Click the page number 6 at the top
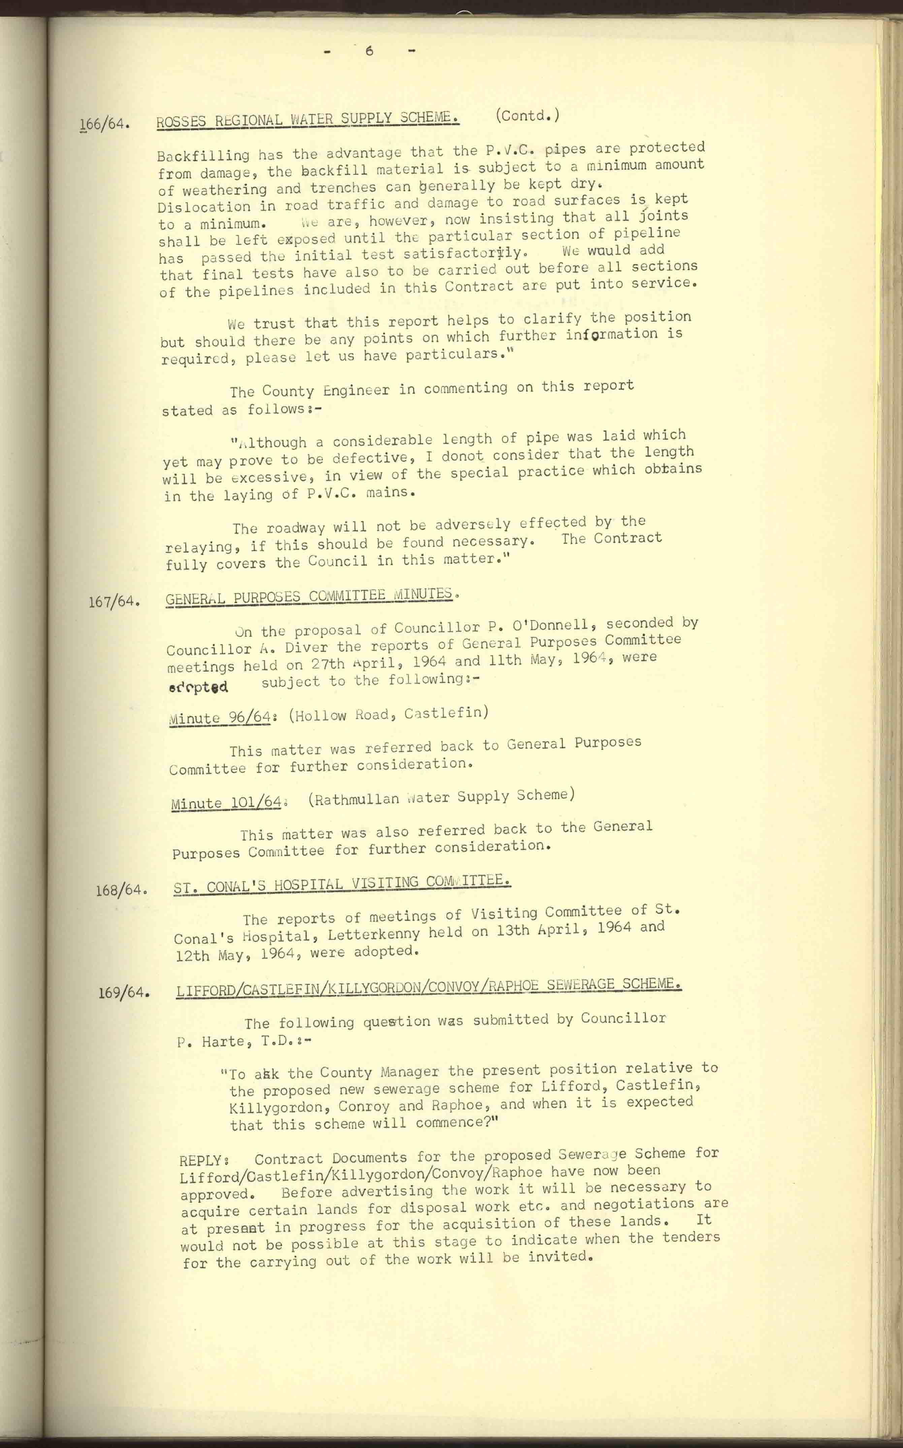369,51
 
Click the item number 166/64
104,124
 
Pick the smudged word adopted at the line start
198,687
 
